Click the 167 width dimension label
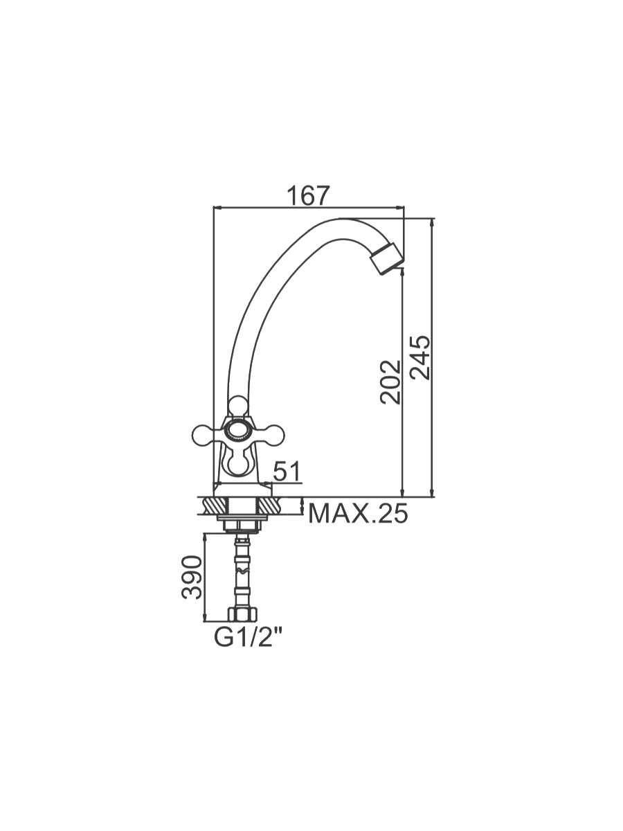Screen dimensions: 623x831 [x=307, y=195]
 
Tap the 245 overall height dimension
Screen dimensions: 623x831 [x=420, y=357]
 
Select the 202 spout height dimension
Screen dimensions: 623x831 [x=390, y=382]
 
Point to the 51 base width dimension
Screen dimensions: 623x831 [x=287, y=471]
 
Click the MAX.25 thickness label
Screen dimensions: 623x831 [x=358, y=514]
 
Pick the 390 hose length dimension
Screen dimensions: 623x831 [x=192, y=578]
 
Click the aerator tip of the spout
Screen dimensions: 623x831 [x=386, y=258]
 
